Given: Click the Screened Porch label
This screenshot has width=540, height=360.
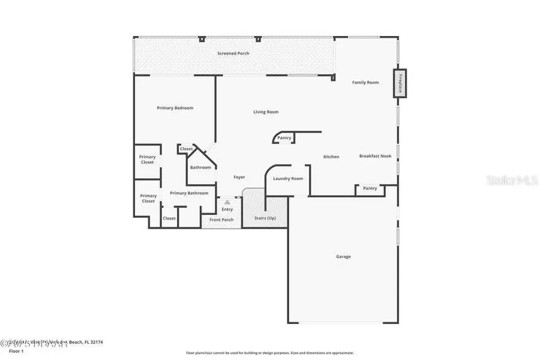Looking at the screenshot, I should coord(233,53).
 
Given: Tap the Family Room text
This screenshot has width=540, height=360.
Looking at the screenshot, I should coord(365,82).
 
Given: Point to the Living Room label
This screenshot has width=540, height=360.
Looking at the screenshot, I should coord(265,112).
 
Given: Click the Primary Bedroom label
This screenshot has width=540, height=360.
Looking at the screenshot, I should coord(175,108).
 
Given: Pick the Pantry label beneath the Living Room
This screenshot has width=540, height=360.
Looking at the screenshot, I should coord(284,138).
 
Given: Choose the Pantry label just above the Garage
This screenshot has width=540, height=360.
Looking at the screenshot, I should coord(370,188).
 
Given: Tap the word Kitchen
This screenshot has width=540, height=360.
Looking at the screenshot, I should coord(331,157).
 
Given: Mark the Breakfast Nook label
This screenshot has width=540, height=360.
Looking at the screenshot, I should coord(375,156).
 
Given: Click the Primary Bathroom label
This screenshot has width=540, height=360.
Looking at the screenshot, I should coord(189,193).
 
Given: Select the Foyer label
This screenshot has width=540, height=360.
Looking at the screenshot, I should coord(239,177).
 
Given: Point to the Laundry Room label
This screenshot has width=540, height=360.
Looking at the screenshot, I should coord(288,179).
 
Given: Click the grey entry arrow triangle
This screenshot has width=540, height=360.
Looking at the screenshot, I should coord(227,203).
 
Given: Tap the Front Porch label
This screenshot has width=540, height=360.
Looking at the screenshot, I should coord(221,220).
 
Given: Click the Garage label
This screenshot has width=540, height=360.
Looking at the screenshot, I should coord(343,257).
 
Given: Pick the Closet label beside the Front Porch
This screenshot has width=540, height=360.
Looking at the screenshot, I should coord(169,218).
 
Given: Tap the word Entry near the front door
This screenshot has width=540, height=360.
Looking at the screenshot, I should coord(227,209).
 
